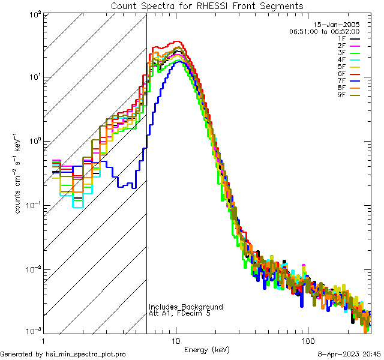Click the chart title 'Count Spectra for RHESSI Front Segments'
click(x=207, y=5)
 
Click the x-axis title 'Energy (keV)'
click(x=206, y=350)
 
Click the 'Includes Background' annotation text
click(x=185, y=307)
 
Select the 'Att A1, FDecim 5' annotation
click(x=179, y=314)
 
